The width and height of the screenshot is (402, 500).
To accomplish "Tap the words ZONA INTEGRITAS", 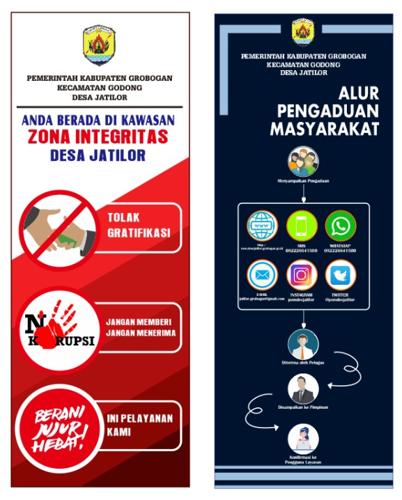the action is point(98,136).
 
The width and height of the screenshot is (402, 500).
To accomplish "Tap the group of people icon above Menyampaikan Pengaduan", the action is point(303,162).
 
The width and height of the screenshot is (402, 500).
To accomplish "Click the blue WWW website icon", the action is point(263,226).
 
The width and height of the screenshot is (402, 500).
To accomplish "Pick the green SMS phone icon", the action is point(302,226).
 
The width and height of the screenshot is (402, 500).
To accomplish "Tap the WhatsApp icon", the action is point(341,226).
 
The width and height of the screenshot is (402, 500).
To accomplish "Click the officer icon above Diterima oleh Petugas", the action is point(303,343).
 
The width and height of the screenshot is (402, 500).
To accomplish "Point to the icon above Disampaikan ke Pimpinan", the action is point(303,388).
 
